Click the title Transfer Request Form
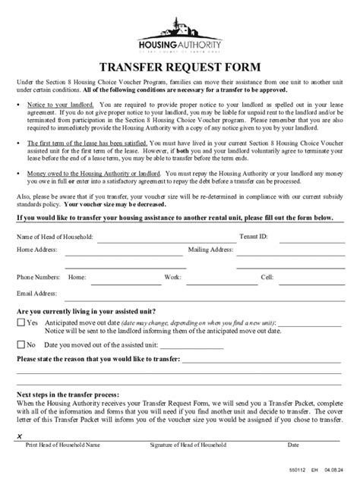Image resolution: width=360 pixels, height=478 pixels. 180,66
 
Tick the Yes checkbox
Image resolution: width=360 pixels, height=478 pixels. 21,322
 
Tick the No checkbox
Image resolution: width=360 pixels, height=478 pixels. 21,344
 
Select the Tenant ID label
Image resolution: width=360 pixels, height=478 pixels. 253,237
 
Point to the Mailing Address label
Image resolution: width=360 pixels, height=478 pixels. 210,249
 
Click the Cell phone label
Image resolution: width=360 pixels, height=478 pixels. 267,278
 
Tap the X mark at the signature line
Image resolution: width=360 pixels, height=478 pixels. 19,436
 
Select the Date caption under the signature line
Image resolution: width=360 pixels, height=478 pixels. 293,445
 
